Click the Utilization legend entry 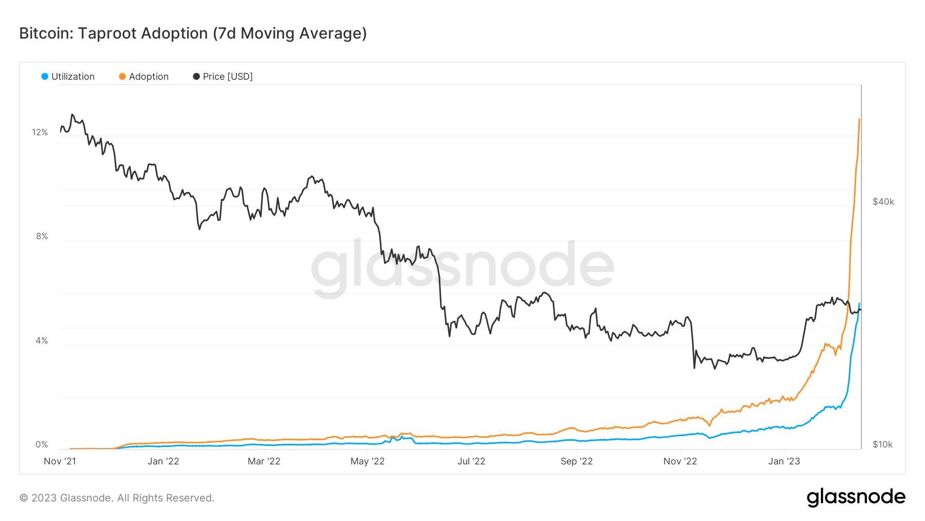(x=68, y=77)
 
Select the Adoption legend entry (x=143, y=77)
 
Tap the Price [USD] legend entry (x=223, y=77)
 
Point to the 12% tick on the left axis (x=40, y=132)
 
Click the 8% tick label (x=42, y=236)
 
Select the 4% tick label (x=42, y=340)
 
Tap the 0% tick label (x=42, y=444)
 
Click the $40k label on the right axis (x=883, y=202)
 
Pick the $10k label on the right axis (x=882, y=444)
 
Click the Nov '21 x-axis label (x=60, y=461)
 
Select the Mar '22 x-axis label (x=264, y=461)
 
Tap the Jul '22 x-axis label (x=471, y=461)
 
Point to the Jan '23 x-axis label (x=784, y=461)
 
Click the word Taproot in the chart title (x=107, y=33)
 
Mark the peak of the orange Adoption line (x=859, y=119)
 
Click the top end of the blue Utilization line (x=859, y=304)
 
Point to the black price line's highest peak (x=72, y=115)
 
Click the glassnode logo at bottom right (x=856, y=497)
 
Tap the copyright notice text (x=117, y=498)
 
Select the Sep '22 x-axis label (x=577, y=461)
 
